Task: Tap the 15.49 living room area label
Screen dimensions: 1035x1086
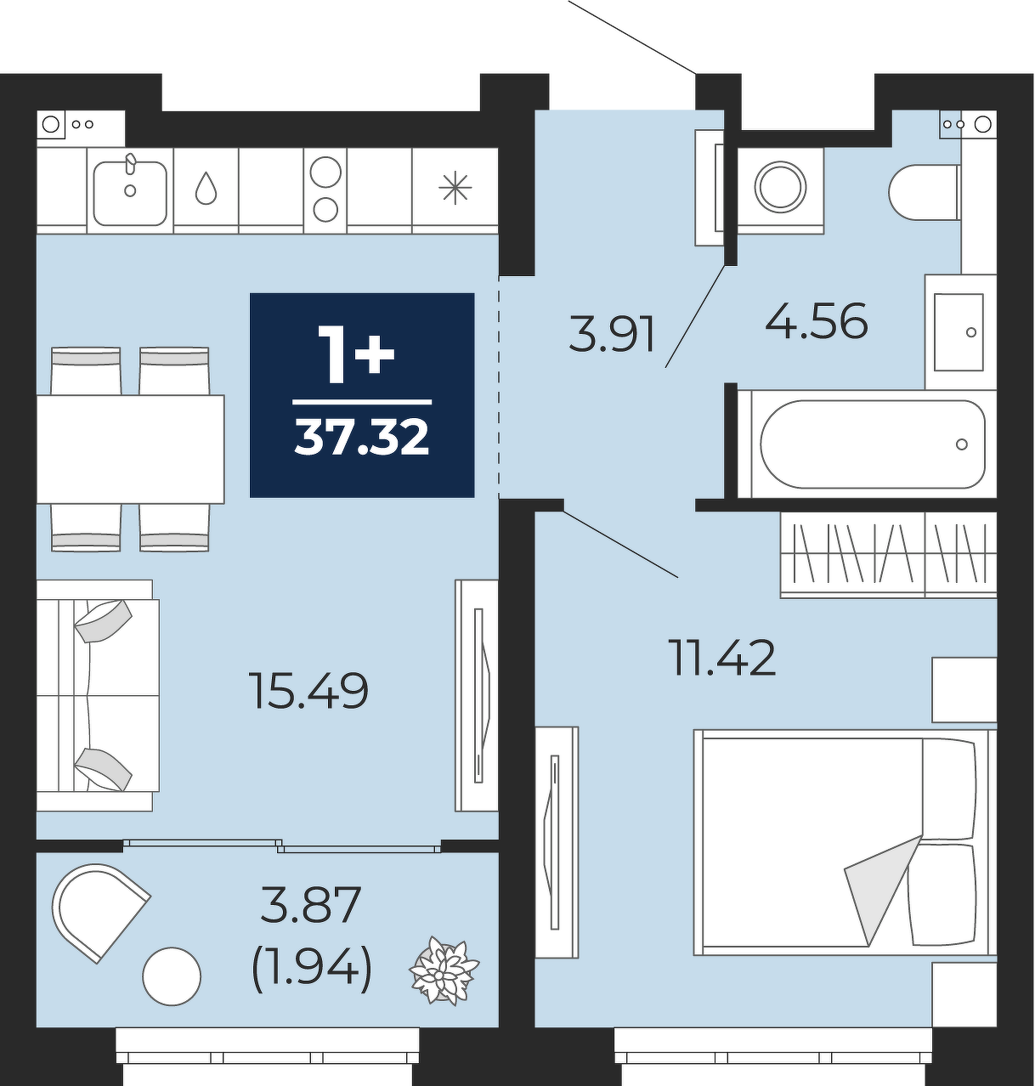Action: click(x=309, y=691)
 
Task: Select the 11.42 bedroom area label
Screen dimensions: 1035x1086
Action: click(x=721, y=658)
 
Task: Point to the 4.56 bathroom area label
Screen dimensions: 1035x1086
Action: click(x=816, y=321)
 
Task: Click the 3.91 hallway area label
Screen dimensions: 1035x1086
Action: click(x=612, y=334)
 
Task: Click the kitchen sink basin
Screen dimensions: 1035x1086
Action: click(x=130, y=194)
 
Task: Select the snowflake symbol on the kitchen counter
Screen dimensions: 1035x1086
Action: click(x=455, y=188)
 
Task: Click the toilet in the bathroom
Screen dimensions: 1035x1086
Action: click(x=924, y=192)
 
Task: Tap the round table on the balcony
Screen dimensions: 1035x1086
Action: click(x=172, y=976)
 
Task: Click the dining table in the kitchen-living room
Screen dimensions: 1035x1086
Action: click(x=130, y=449)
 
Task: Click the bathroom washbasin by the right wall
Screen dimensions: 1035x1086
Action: click(x=959, y=332)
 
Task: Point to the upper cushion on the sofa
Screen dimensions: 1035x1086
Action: click(x=104, y=621)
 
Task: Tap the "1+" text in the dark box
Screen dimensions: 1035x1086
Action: click(x=361, y=354)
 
